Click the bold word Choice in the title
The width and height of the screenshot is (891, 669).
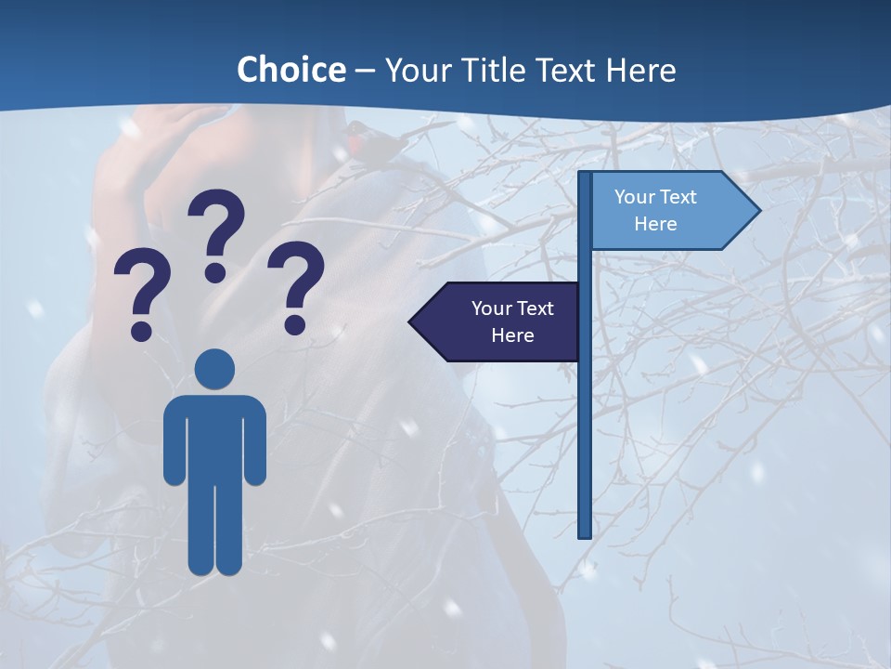coord(291,70)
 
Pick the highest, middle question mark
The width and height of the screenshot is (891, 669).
coord(216,232)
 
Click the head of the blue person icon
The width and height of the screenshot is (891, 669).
coord(214,369)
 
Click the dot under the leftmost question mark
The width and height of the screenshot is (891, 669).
coord(141,330)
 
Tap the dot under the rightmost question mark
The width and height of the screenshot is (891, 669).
coord(295,323)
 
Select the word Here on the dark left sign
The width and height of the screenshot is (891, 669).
coord(512,335)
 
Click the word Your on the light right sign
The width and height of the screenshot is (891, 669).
coord(636,197)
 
